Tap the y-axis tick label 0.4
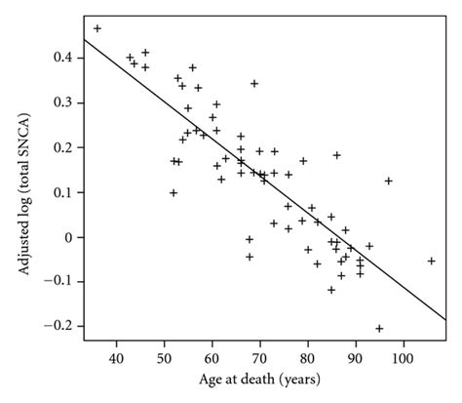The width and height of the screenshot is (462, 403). pos(63,59)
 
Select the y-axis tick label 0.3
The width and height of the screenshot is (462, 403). pos(63,103)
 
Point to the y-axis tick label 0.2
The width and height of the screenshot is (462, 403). pos(63,148)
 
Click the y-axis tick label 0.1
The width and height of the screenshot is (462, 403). pos(63,193)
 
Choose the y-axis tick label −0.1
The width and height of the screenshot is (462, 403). pos(60,282)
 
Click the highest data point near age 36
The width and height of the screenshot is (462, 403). pos(97,28)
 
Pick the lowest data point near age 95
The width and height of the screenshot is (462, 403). pos(379,328)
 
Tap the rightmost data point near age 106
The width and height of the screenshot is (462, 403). pos(432,261)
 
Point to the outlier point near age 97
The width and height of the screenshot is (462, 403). pos(389,181)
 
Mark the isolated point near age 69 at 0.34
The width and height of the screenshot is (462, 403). pos(254,84)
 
